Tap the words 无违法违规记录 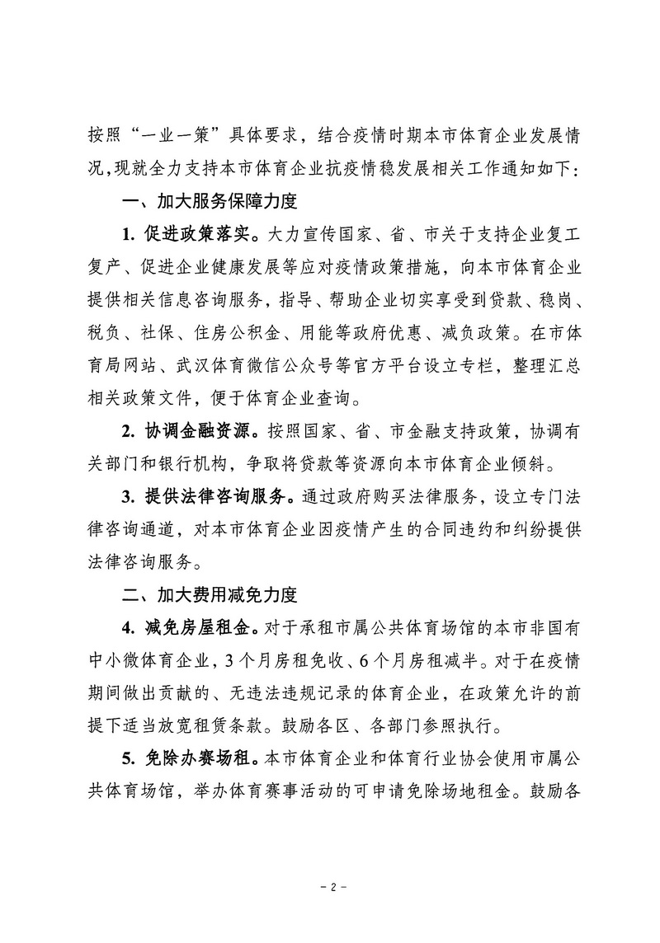[292, 692]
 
